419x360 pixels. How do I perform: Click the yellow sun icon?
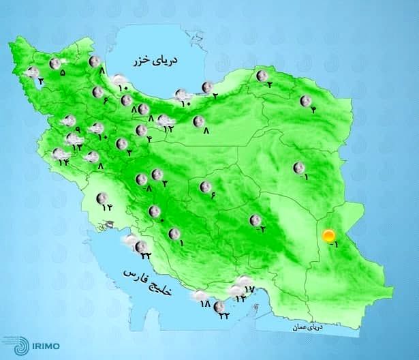[x=328, y=236]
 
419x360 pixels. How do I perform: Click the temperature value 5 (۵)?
[x=63, y=72]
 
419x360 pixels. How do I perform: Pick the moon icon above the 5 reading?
[x=55, y=63]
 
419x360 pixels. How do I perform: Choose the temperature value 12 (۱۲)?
[x=168, y=129]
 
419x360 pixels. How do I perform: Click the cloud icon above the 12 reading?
[x=164, y=120]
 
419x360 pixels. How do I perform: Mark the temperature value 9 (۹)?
[x=78, y=130]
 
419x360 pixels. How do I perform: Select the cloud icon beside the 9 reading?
[x=68, y=121]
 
